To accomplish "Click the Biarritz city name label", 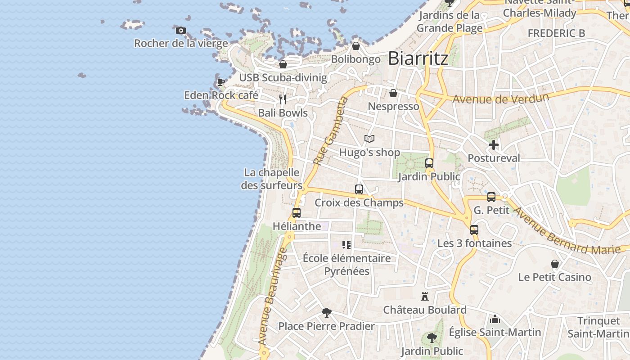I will [x=418, y=58].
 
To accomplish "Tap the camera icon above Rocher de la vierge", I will [x=181, y=31].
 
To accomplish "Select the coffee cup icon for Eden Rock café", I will [x=221, y=82].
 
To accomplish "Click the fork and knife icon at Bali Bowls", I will [x=283, y=99].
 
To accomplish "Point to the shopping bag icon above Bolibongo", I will [x=356, y=46].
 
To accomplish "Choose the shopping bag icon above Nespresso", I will [x=393, y=93].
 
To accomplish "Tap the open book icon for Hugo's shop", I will [x=369, y=139].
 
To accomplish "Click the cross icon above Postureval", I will [x=494, y=145].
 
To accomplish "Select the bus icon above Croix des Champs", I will [x=359, y=189].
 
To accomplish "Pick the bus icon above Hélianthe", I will [x=297, y=213].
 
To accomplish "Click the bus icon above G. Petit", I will [x=491, y=197].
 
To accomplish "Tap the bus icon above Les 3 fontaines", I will [x=474, y=230].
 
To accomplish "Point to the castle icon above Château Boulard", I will [x=424, y=297].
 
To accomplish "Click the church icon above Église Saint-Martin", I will [x=495, y=319].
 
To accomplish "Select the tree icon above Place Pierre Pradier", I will [x=327, y=313].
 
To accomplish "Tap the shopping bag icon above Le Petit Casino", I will [x=555, y=264].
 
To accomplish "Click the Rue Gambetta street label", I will [x=331, y=131].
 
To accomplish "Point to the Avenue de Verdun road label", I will [x=500, y=98].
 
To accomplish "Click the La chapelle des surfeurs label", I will [x=272, y=179].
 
